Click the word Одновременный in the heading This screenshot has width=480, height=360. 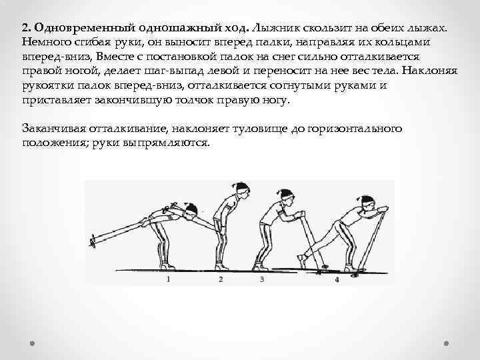point(85,28)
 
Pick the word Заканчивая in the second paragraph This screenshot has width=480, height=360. point(53,128)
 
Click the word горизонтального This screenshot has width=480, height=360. point(355,129)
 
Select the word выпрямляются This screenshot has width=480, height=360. point(166,143)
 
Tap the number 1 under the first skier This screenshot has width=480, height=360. point(168,279)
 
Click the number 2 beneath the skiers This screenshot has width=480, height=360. point(221,279)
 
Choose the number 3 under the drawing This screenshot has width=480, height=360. point(262,279)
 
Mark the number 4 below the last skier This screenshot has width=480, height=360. point(337,279)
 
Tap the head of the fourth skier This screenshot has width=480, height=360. point(367,203)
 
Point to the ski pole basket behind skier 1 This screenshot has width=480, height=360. point(93,241)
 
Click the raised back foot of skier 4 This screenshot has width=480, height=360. point(303,260)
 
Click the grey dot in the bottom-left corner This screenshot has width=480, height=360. point(32,343)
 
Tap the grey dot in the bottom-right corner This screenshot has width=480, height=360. point(446,343)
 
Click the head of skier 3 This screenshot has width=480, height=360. point(287,196)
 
